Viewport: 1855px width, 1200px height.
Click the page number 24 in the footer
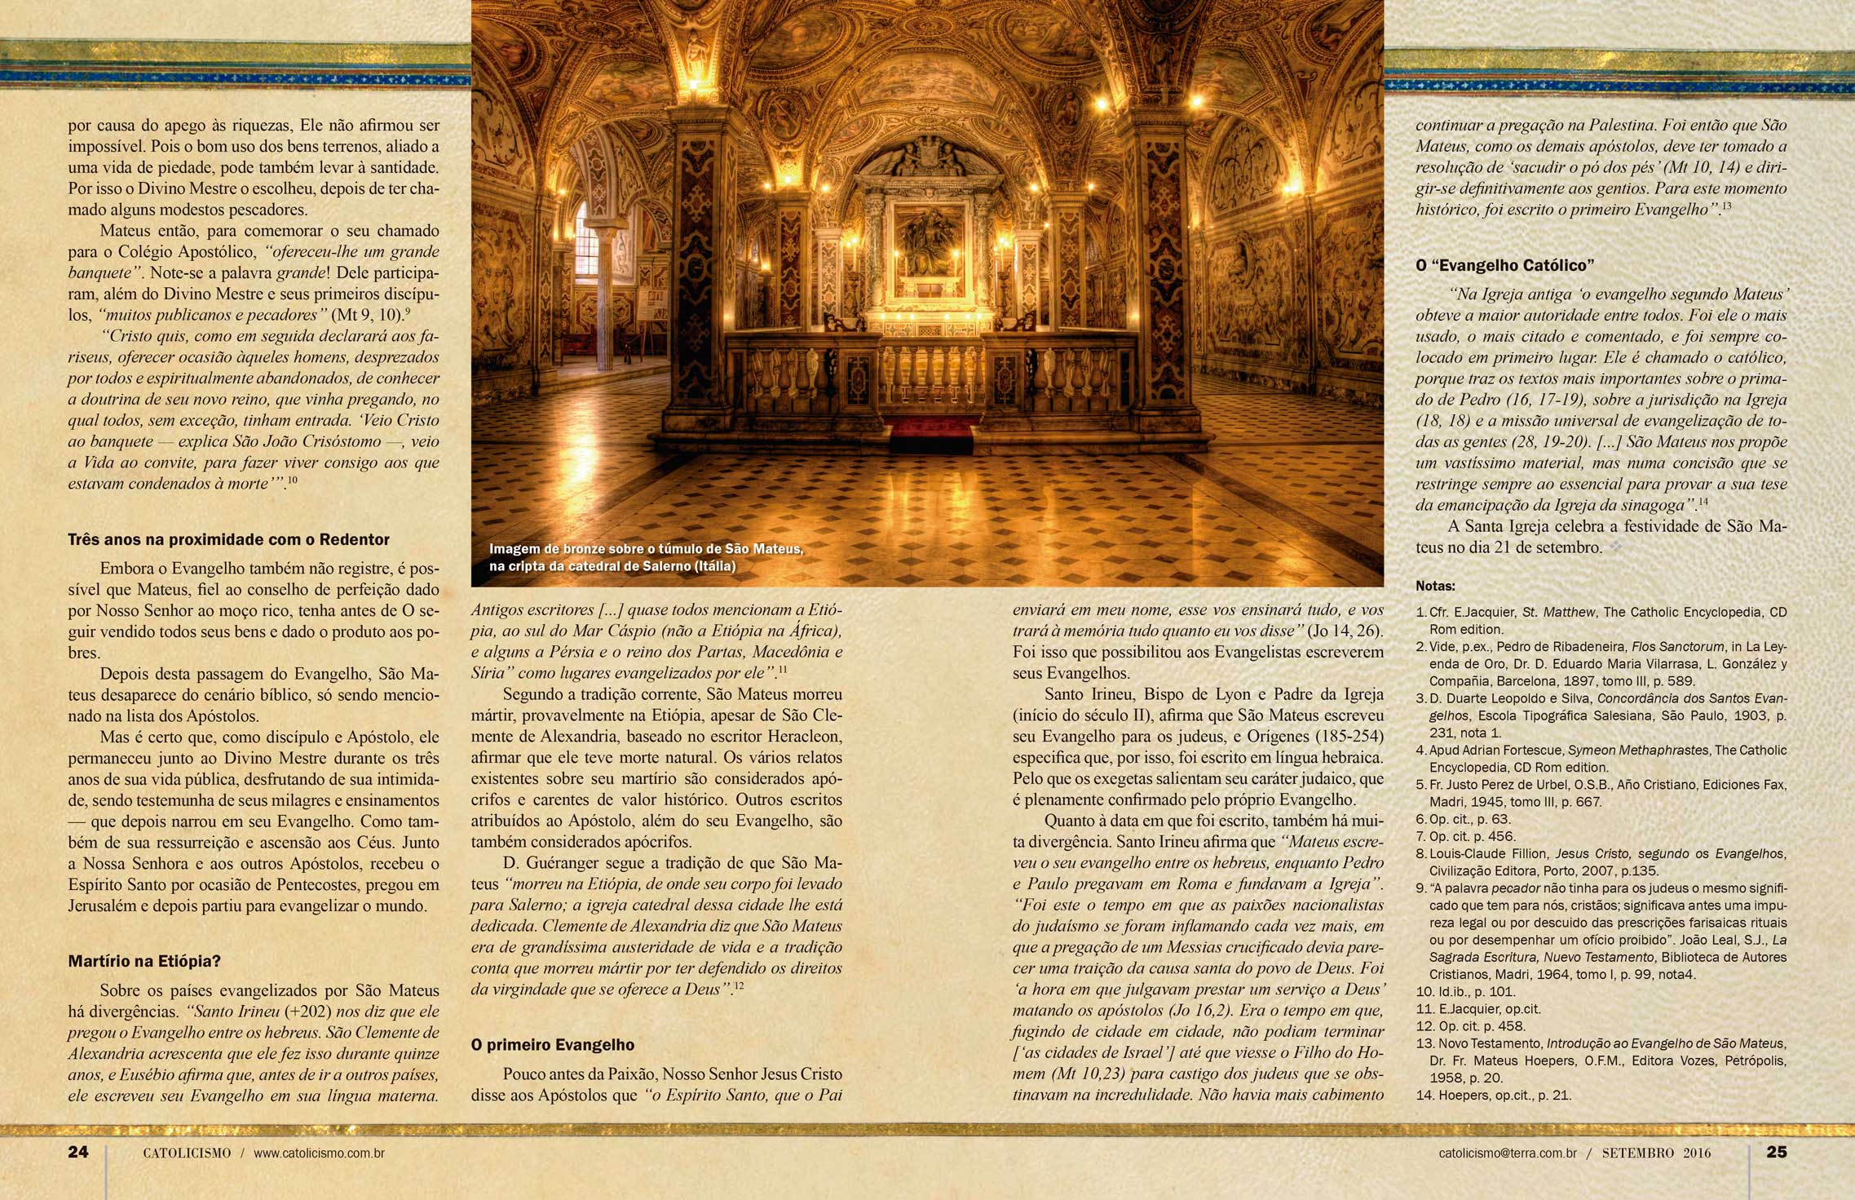(78, 1152)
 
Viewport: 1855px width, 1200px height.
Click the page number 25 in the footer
(1777, 1152)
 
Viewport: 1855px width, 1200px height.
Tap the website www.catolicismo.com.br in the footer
(319, 1154)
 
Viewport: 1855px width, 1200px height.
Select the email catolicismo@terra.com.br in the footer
(1508, 1154)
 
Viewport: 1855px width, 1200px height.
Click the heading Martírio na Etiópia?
(144, 961)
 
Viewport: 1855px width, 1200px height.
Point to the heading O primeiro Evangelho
(553, 1045)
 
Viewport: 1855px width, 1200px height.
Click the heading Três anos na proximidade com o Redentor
(228, 539)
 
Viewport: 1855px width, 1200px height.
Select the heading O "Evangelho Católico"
(1505, 265)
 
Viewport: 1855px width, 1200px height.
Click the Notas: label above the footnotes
(1435, 586)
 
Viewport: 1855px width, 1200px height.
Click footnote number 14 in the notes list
(1493, 1095)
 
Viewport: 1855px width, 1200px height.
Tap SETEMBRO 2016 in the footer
(1656, 1154)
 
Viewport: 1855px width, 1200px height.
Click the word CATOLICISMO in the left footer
(187, 1154)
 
